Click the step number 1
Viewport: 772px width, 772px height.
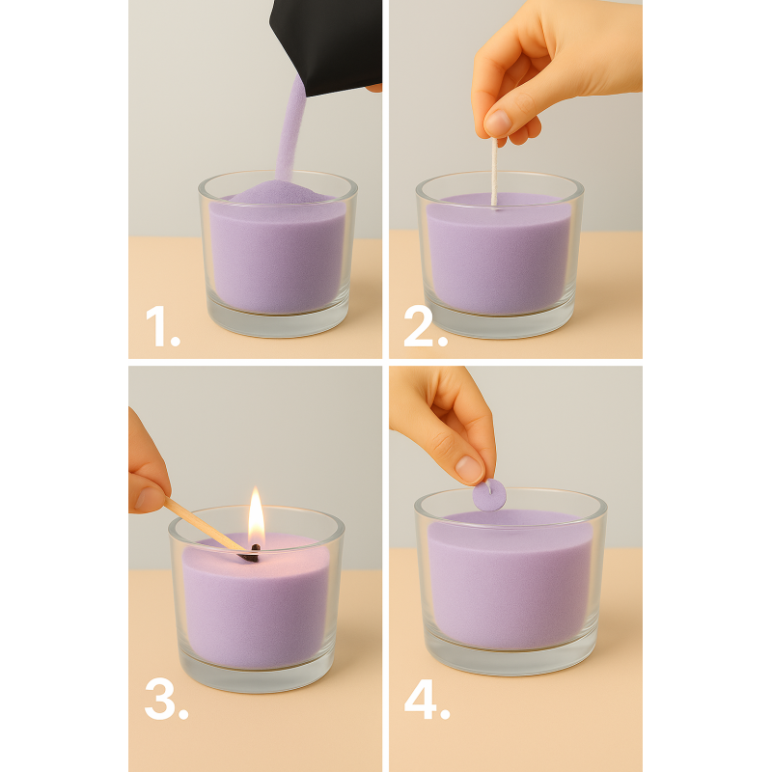pos(163,325)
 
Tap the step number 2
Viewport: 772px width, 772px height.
pos(426,325)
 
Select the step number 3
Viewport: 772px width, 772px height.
pos(166,699)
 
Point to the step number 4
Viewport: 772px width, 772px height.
pos(427,699)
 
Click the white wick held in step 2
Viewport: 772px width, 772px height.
pos(494,172)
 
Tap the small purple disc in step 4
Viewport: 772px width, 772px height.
pos(489,495)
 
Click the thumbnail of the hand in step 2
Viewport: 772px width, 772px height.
pos(498,123)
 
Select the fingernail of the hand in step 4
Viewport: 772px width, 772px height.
pos(469,469)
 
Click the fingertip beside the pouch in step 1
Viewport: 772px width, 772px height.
pos(374,88)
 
